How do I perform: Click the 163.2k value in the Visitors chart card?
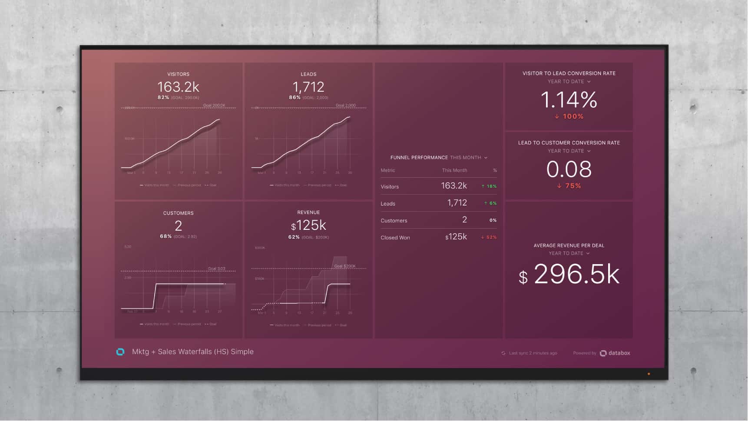[x=178, y=87]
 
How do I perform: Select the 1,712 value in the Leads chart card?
[x=308, y=87]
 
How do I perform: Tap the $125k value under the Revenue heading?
[x=308, y=225]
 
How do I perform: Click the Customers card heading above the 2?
[x=178, y=213]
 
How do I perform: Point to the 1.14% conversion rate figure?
[x=569, y=100]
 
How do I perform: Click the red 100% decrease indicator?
[x=569, y=116]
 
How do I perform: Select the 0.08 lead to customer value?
[x=569, y=169]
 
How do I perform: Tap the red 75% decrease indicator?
[x=569, y=186]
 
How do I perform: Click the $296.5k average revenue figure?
[x=569, y=275]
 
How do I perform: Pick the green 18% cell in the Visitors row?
[x=489, y=186]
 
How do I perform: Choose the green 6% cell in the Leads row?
[x=490, y=203]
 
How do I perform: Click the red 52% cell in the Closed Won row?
[x=489, y=237]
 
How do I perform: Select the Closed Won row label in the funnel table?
[x=395, y=238]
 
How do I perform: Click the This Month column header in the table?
[x=454, y=170]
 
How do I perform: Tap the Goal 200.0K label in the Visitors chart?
[x=214, y=106]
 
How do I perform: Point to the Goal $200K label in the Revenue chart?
[x=345, y=266]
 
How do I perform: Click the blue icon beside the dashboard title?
[x=120, y=352]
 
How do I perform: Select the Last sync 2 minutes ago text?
[x=533, y=353]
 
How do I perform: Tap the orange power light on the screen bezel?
[x=649, y=374]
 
